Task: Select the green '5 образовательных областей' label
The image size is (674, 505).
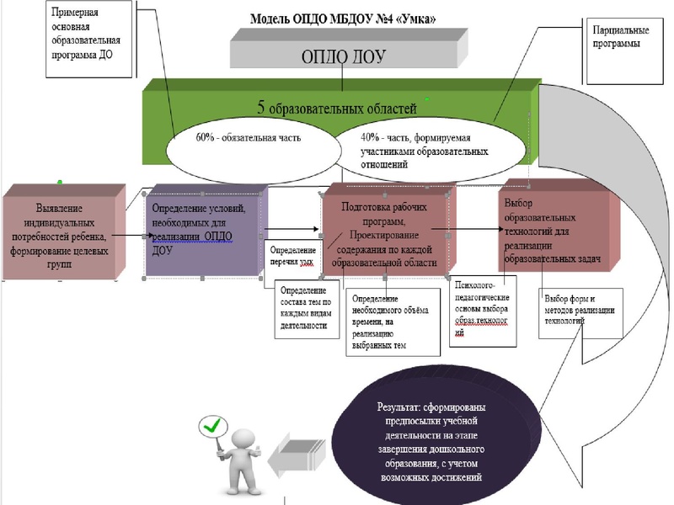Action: pyautogui.click(x=336, y=107)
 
